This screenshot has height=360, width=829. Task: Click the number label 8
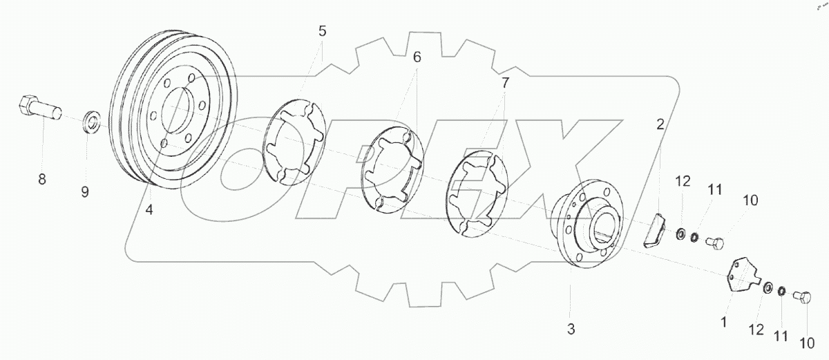click(x=41, y=180)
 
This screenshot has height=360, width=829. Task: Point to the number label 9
click(x=84, y=191)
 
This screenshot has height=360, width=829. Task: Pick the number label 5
click(x=322, y=31)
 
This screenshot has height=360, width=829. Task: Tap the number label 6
click(x=417, y=58)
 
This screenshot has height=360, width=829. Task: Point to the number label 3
click(x=571, y=329)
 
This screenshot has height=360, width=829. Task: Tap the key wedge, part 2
click(x=654, y=229)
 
